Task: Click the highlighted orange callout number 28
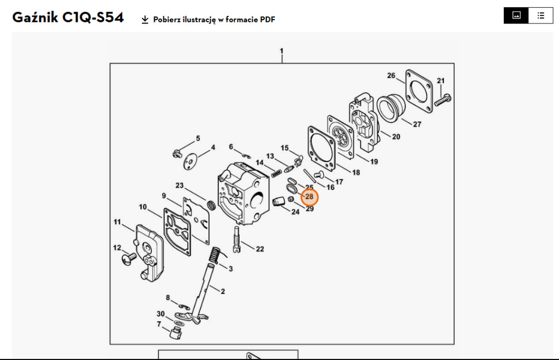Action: pyautogui.click(x=309, y=196)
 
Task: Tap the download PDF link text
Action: pyautogui.click(x=214, y=20)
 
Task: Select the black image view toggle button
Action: pyautogui.click(x=516, y=15)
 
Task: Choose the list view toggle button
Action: pyautogui.click(x=540, y=15)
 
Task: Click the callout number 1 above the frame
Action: pyautogui.click(x=282, y=51)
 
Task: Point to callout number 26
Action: pyautogui.click(x=391, y=75)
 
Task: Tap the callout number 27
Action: pyautogui.click(x=417, y=124)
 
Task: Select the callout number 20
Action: pyautogui.click(x=396, y=136)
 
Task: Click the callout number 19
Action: pyautogui.click(x=374, y=161)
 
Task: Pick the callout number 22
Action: pyautogui.click(x=260, y=249)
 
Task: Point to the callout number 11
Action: pyautogui.click(x=117, y=221)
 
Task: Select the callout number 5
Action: pyautogui.click(x=198, y=138)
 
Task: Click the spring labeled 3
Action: pyautogui.click(x=216, y=255)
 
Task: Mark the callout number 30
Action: pyautogui.click(x=160, y=314)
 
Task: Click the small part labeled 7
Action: pyautogui.click(x=175, y=332)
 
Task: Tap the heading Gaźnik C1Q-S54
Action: pyautogui.click(x=68, y=18)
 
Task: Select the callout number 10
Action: pyautogui.click(x=142, y=207)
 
